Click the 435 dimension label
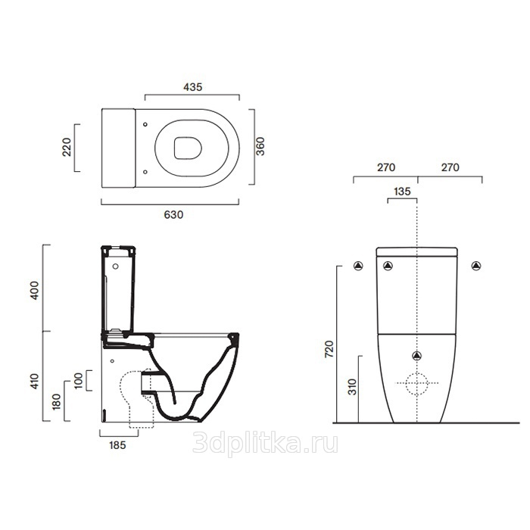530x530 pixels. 192,87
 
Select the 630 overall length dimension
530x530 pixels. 173,214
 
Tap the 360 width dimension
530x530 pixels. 260,146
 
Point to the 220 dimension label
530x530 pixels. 67,147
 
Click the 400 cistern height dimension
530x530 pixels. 35,290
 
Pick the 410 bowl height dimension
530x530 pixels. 35,381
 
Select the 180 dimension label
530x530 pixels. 57,401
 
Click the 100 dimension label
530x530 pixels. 79,381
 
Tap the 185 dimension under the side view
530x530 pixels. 117,445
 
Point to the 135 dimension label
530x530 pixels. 402,192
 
